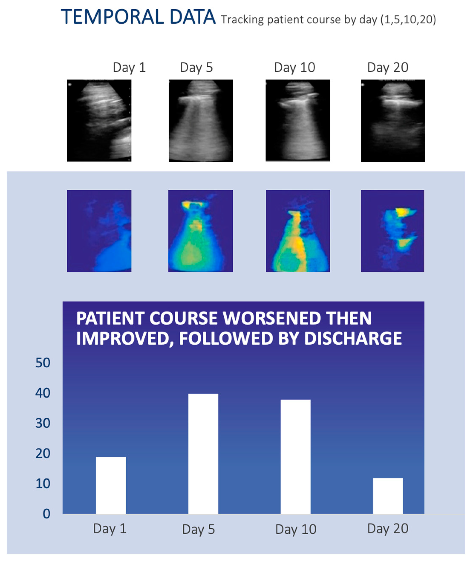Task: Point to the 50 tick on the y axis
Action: pos(43,363)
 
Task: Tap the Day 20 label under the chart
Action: pos(388,529)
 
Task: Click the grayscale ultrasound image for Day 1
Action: pos(99,120)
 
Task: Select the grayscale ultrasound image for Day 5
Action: pos(200,120)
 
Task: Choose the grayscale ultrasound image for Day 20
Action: pos(392,120)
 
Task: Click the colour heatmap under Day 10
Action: pos(298,231)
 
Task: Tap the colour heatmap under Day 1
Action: pos(99,231)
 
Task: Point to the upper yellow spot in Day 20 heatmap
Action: pos(401,212)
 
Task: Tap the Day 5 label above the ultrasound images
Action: pos(196,67)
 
